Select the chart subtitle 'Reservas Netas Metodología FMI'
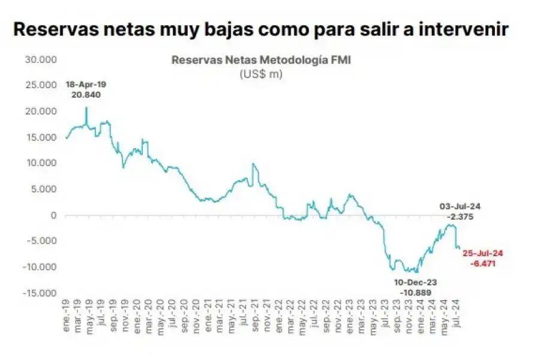(260, 60)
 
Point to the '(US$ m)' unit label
(260, 74)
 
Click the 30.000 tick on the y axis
(40, 59)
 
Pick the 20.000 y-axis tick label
(40, 112)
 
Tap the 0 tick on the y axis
(53, 215)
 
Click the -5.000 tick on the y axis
(40, 241)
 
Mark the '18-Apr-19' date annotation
(86, 84)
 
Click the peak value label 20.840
(86, 95)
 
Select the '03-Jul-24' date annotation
(460, 206)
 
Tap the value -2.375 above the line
(460, 217)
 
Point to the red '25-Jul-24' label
(482, 253)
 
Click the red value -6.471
(482, 263)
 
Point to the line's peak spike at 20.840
(86, 108)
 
